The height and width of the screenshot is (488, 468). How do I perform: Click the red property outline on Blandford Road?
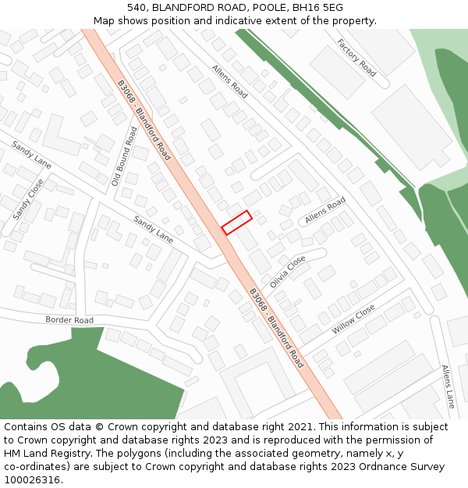(236, 223)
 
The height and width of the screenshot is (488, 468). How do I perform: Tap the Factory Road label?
(356, 57)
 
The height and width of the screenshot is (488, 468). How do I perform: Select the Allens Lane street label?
(448, 386)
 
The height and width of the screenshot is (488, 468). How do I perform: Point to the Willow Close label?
(353, 319)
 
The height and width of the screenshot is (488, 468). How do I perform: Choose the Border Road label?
(69, 320)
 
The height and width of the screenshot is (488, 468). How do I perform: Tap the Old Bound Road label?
(125, 156)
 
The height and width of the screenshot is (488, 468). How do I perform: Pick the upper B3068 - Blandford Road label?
(144, 119)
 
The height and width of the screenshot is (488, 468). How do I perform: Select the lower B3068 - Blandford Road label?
(277, 328)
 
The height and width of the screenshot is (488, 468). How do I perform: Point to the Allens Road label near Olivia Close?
(325, 211)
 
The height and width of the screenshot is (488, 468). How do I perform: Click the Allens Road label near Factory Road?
(229, 81)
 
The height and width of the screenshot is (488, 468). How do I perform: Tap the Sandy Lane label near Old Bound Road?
(153, 228)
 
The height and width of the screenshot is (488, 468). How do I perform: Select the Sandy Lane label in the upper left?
(32, 155)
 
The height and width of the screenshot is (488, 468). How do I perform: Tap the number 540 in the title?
(136, 7)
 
